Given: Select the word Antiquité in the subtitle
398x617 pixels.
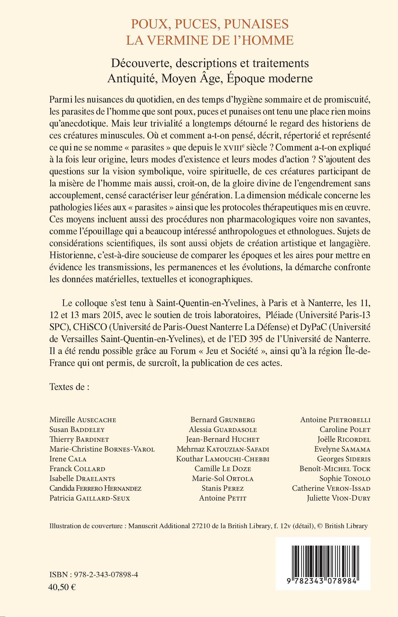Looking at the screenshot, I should click(132, 78).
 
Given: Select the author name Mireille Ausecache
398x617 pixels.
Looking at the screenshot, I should click(83, 420).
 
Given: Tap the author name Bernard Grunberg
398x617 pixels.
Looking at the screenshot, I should click(223, 420).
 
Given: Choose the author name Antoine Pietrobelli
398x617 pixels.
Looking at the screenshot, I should click(335, 420).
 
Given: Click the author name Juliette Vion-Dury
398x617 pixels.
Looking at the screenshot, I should click(339, 498).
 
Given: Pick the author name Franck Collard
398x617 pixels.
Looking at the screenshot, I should click(77, 469).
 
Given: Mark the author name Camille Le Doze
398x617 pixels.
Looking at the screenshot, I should click(223, 469).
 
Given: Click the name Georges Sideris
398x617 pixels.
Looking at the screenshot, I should click(344, 459).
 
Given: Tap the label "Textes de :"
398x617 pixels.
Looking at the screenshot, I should click(69, 387).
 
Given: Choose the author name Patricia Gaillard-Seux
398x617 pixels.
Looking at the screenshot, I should click(90, 498).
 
